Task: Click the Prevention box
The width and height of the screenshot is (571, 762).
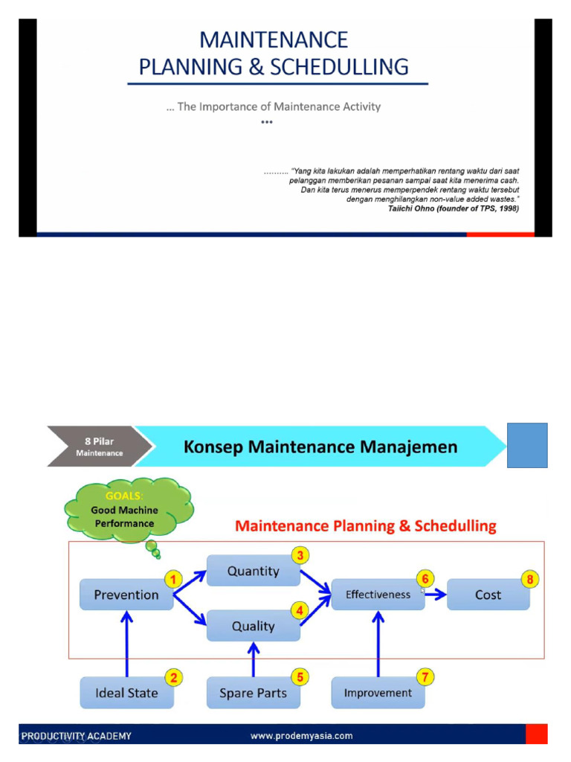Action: (x=126, y=595)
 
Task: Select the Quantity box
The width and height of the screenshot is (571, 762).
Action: (x=253, y=571)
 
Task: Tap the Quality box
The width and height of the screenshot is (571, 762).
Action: (x=253, y=626)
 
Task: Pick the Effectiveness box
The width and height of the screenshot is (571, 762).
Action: (x=378, y=595)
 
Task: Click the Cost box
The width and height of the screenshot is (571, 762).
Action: (x=488, y=595)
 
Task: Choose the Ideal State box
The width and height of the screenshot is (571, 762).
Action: (x=126, y=693)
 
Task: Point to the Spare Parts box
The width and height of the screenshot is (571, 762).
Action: (x=253, y=693)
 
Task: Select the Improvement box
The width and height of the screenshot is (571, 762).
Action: (x=378, y=693)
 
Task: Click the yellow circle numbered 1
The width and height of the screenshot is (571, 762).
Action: (x=173, y=579)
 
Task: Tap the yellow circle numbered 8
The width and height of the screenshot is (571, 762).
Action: (x=530, y=579)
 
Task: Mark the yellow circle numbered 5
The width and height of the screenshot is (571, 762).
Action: (x=300, y=677)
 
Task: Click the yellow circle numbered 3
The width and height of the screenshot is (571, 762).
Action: (x=300, y=555)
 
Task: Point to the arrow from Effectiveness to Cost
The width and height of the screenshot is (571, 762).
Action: (x=436, y=595)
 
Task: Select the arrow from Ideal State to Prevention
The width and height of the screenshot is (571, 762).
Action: (x=127, y=644)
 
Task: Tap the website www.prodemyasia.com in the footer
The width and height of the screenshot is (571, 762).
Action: (x=301, y=736)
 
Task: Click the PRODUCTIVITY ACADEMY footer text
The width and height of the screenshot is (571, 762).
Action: (x=77, y=736)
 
